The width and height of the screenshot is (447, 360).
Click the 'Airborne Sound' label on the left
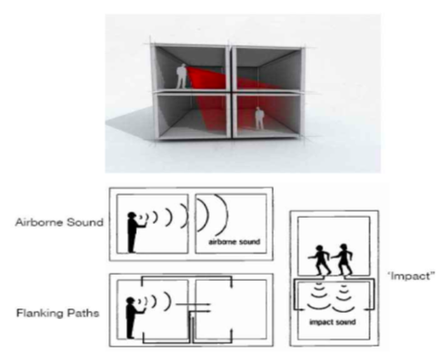pyautogui.click(x=60, y=222)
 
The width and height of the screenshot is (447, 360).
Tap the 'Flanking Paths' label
pyautogui.click(x=58, y=313)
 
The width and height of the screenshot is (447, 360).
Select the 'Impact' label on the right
pyautogui.click(x=411, y=276)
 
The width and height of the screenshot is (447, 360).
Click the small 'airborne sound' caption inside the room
pyautogui.click(x=235, y=242)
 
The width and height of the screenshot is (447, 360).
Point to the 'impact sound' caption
pyautogui.click(x=332, y=322)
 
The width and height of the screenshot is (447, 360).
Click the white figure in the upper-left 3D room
pyautogui.click(x=181, y=76)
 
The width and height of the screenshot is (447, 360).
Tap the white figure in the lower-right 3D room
pyautogui.click(x=259, y=118)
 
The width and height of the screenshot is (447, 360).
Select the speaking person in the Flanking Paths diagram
pyautogui.click(x=132, y=317)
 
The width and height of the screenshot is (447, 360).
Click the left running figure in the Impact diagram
pyautogui.click(x=320, y=260)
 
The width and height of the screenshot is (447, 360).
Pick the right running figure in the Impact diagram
pyautogui.click(x=343, y=260)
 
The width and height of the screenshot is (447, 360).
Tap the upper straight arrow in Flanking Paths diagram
pyautogui.click(x=193, y=304)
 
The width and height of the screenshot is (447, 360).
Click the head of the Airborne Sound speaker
pyautogui.click(x=132, y=216)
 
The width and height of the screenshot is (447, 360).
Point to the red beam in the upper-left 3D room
pyautogui.click(x=205, y=78)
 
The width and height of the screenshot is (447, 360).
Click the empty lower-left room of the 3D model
pyautogui.click(x=193, y=116)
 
